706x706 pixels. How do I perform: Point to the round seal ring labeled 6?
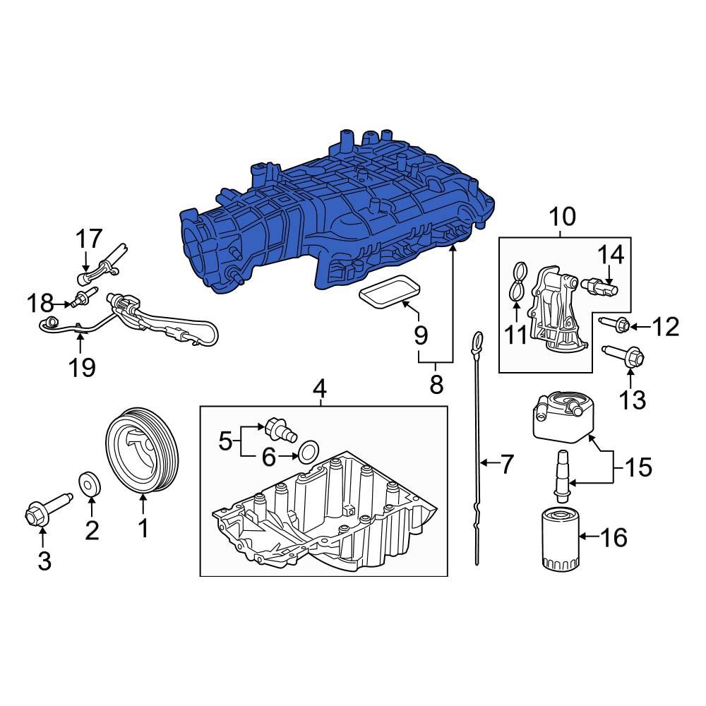click(308, 451)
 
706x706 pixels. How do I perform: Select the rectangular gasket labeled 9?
click(388, 294)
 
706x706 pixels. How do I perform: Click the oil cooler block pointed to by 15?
click(561, 418)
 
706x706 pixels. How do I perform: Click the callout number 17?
click(90, 239)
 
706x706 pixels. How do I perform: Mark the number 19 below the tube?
click(82, 367)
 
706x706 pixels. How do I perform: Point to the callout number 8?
click(436, 384)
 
